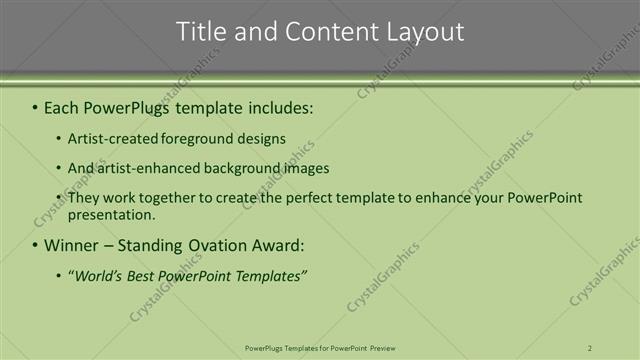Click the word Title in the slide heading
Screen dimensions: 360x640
tap(200, 32)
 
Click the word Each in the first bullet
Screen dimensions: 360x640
tap(64, 105)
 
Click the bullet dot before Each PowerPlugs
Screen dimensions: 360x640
tap(36, 106)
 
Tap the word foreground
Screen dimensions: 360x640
tap(213, 139)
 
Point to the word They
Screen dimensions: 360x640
tap(84, 198)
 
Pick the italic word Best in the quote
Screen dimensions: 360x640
tap(150, 275)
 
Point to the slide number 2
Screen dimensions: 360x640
tap(590, 347)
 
